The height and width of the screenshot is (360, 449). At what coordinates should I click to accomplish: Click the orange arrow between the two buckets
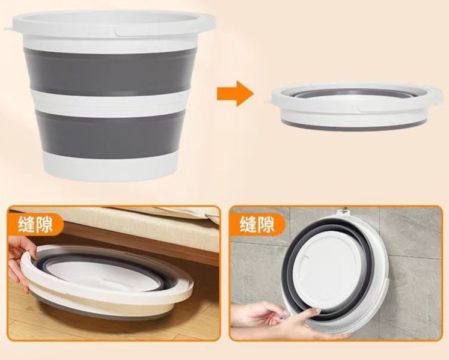point(236,93)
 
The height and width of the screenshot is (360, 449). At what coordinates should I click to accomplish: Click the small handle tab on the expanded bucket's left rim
point(8,29)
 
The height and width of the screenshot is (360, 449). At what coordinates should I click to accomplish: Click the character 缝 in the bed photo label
point(26,224)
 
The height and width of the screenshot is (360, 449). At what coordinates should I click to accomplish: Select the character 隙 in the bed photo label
point(44,224)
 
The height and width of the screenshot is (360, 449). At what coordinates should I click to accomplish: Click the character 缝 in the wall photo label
point(248,224)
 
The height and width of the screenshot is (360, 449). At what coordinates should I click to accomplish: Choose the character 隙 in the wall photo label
point(266,224)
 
